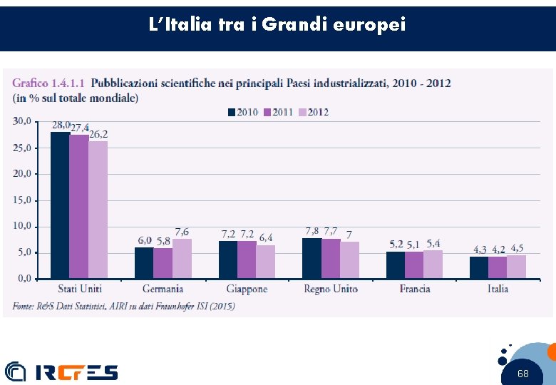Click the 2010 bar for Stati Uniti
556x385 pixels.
click(x=60, y=205)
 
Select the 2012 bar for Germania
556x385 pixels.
click(x=182, y=258)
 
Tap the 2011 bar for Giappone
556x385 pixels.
click(x=247, y=260)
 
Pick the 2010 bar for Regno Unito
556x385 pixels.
click(x=312, y=258)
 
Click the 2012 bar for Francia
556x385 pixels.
click(x=433, y=264)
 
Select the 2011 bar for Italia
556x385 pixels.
click(x=498, y=267)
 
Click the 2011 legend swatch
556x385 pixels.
click(x=267, y=113)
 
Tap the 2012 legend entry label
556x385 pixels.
click(x=318, y=113)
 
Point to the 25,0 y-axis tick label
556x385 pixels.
click(x=22, y=148)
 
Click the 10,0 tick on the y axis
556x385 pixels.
click(x=22, y=226)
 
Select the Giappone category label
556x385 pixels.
click(x=247, y=289)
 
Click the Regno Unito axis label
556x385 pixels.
click(x=331, y=289)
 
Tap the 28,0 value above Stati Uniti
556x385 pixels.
click(x=61, y=125)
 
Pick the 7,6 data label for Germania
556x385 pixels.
click(x=182, y=232)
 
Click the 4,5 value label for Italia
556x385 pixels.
click(x=517, y=249)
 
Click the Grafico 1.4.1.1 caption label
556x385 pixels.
click(x=48, y=83)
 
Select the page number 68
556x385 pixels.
click(x=522, y=374)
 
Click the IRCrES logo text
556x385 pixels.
click(x=77, y=372)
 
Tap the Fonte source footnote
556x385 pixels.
click(x=123, y=306)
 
